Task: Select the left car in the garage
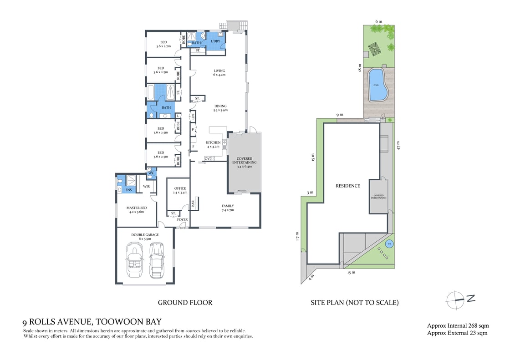click(134, 260)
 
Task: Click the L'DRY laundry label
click(215, 41)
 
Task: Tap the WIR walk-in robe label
click(147, 186)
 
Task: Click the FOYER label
click(182, 220)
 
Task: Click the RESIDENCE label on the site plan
click(348, 186)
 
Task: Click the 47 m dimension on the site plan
click(398, 146)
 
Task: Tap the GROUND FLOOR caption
click(185, 302)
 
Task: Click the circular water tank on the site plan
click(388, 244)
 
